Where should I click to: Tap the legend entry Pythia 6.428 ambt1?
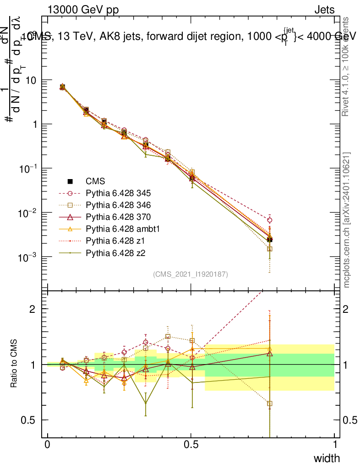(121, 228)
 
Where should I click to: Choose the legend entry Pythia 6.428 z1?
(115, 240)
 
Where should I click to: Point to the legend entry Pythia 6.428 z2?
(115, 252)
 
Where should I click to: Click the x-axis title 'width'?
(327, 458)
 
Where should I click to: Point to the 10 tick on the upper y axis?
(32, 80)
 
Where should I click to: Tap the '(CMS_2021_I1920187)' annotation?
(191, 274)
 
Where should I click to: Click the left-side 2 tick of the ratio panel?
(33, 309)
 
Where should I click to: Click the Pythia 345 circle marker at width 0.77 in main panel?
(270, 220)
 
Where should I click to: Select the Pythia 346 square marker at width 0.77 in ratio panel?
(270, 404)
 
